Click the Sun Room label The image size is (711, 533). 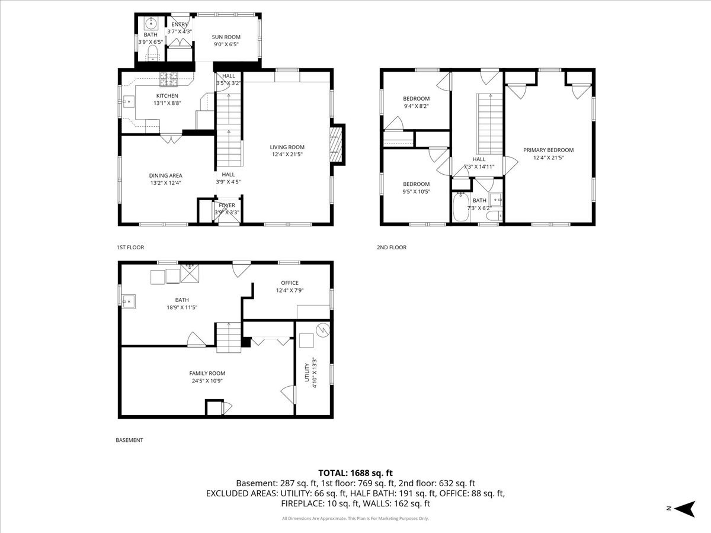point(226,37)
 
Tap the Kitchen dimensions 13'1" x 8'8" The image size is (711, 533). point(166,103)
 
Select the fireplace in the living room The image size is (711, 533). point(335,145)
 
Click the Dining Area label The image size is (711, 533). point(166,175)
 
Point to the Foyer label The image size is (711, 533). point(227,206)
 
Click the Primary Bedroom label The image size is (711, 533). point(548,150)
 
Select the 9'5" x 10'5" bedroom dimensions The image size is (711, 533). point(416,191)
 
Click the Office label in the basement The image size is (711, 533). point(290,282)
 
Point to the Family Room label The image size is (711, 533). point(207,373)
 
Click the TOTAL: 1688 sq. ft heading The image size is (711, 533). point(355,473)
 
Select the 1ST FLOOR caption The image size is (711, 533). point(130,248)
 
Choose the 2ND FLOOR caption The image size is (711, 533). point(392,248)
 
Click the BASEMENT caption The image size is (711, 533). point(129,440)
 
